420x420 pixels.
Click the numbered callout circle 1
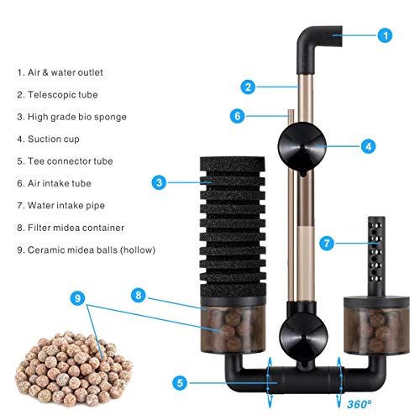(384, 35)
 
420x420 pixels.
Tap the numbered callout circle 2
(248, 86)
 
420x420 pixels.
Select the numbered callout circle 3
(159, 181)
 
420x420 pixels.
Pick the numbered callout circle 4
(368, 145)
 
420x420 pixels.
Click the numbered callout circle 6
(238, 116)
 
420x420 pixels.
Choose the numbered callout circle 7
(328, 244)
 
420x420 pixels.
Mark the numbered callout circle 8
(139, 295)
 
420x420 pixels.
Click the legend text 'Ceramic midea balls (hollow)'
(91, 249)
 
